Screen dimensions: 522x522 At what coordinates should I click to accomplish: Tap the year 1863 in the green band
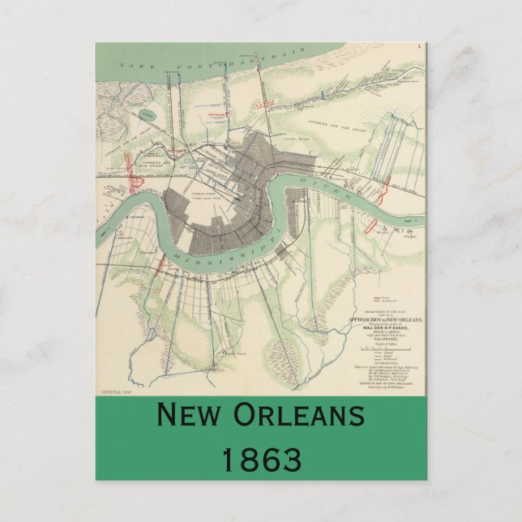click(261, 460)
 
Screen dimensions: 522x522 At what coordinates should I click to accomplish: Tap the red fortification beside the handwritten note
click(374, 228)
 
